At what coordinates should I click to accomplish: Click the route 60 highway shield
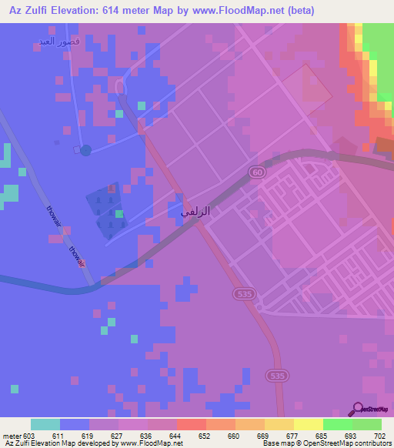tap(257, 173)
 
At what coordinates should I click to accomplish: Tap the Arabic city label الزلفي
tap(195, 209)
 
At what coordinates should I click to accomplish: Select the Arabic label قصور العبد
tap(58, 41)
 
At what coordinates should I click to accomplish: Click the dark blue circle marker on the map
tap(85, 149)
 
